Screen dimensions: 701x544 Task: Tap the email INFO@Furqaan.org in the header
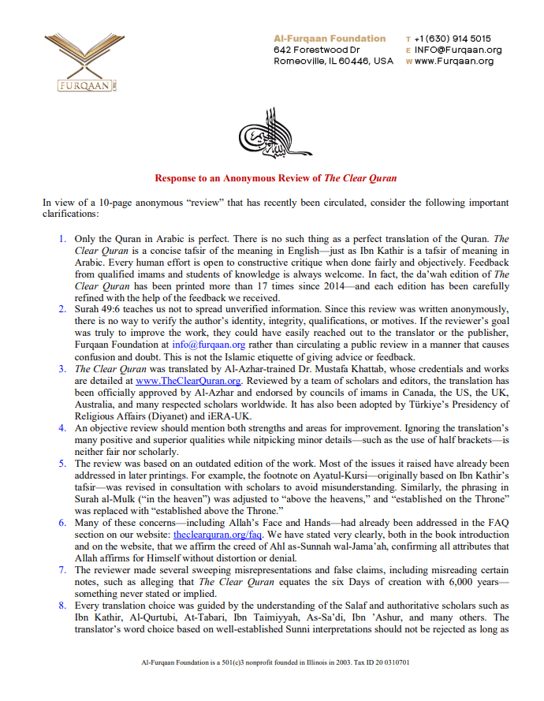[458, 50]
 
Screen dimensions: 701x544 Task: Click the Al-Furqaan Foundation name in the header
[330, 38]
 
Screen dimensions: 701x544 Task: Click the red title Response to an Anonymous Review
[275, 178]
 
